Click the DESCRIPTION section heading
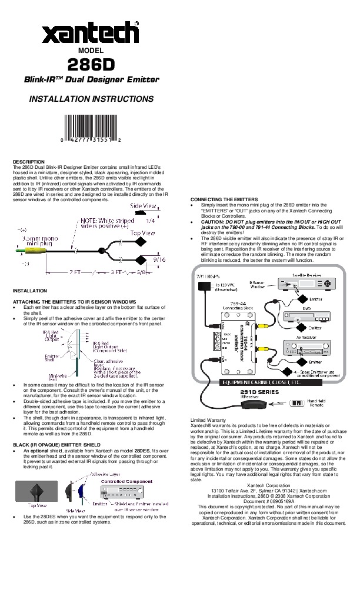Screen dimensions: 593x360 coord(29,161)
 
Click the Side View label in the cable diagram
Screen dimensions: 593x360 coord(143,206)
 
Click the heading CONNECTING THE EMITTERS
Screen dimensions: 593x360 coord(224,199)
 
